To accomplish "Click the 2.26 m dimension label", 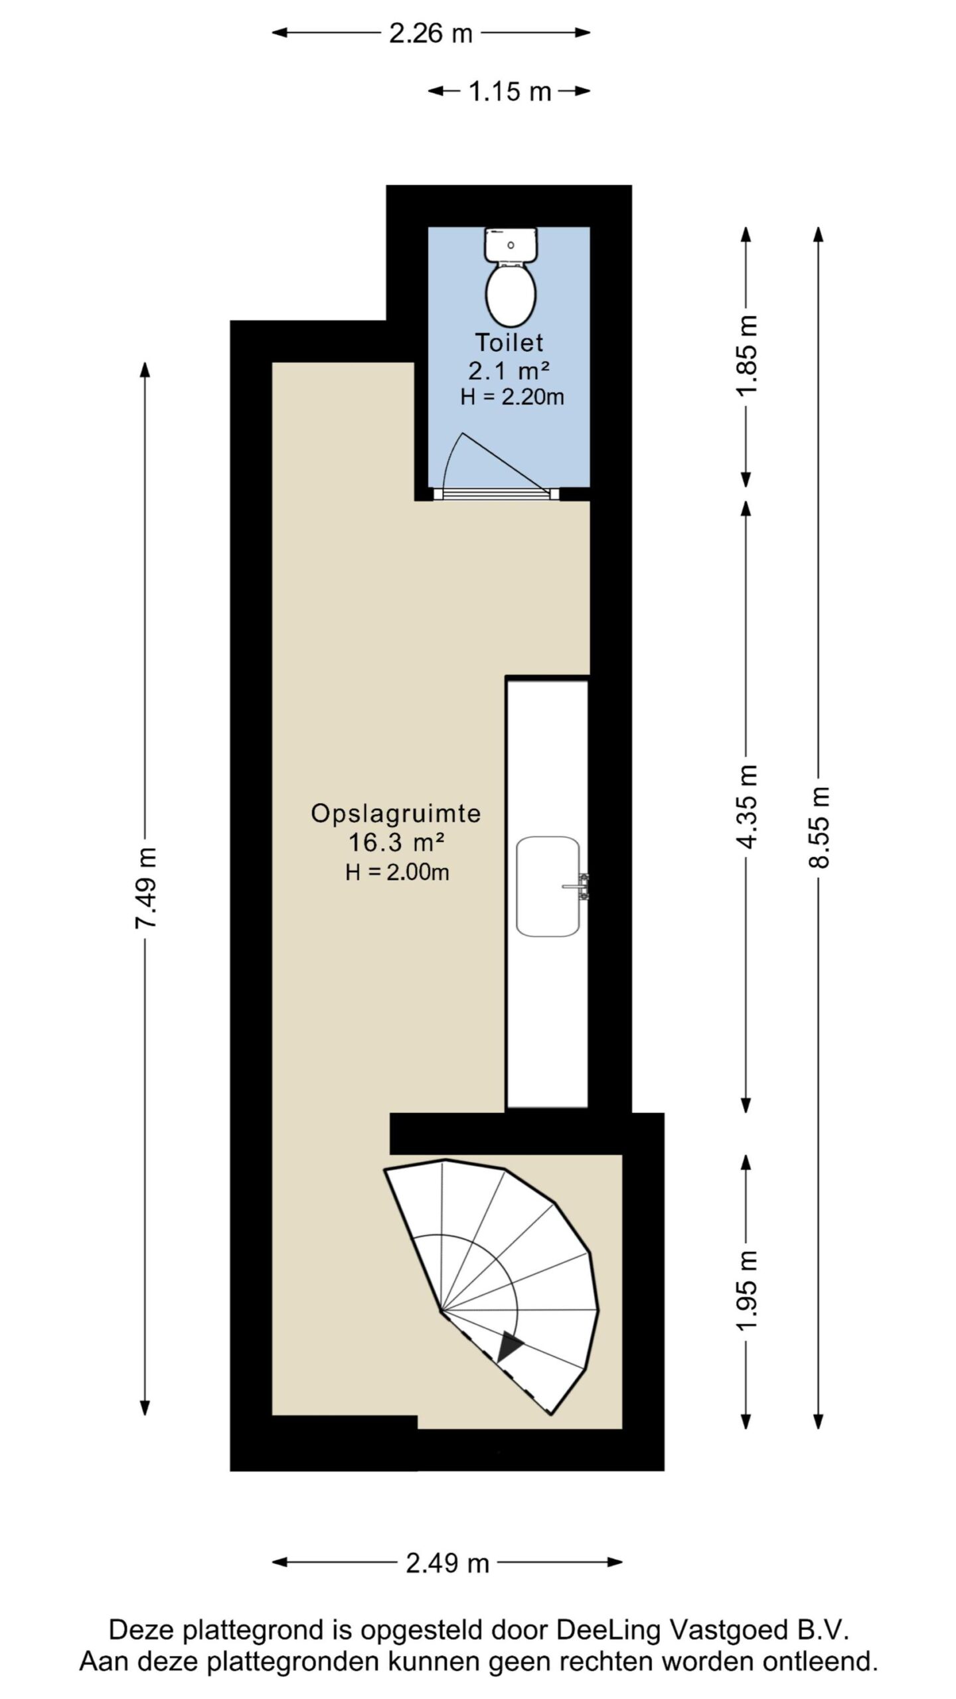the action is pos(430,33).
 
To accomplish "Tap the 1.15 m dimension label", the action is pos(510,91).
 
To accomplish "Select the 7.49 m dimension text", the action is pos(146,887).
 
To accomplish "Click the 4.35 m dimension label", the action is pos(746,806).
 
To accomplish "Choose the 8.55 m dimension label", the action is pos(819,827).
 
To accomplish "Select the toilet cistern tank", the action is pos(511,244).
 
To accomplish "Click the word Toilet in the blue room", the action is pos(509,342).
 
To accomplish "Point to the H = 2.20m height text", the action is pos(512,397).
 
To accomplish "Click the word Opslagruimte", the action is pos(396,814).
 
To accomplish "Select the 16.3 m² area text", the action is pos(396,843).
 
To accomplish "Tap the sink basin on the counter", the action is pos(548,886).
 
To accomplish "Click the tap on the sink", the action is pos(578,886).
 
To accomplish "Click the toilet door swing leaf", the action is pos(506,463).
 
